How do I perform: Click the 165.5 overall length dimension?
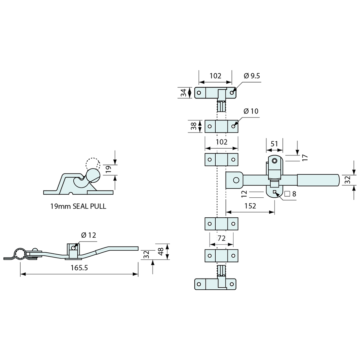(x=79, y=268)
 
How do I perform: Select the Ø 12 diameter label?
(x=88, y=235)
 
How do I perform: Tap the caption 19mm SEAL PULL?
(x=78, y=207)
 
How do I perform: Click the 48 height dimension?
(x=160, y=251)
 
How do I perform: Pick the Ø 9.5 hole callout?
(x=251, y=76)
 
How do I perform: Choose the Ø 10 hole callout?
(x=251, y=111)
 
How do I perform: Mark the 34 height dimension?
(x=184, y=93)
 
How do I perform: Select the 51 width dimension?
(x=274, y=144)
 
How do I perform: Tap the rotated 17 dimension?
(x=305, y=158)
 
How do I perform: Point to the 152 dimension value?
(x=250, y=206)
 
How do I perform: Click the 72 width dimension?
(x=221, y=239)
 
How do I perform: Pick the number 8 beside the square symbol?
(x=294, y=194)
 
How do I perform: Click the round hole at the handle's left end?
(x=235, y=180)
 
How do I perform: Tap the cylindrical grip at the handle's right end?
(x=317, y=180)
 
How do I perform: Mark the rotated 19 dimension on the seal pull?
(x=109, y=169)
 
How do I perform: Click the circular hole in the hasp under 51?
(x=274, y=161)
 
